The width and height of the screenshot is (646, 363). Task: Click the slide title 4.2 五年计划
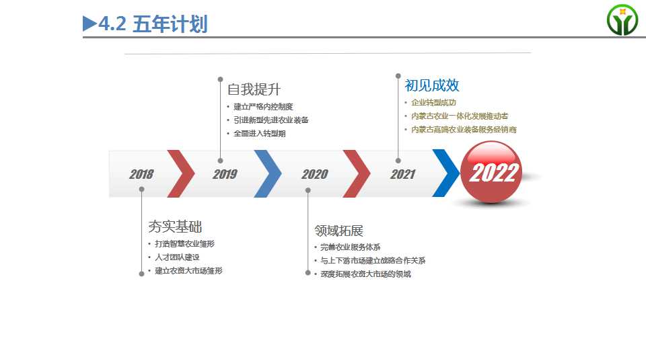pos(153,24)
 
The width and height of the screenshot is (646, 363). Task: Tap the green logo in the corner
pos(622,19)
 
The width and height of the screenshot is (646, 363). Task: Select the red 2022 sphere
pos(491,172)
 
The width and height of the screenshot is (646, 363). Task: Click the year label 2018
pos(141,174)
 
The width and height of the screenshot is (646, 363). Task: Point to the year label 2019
pos(225,174)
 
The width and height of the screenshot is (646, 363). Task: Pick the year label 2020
pos(315,174)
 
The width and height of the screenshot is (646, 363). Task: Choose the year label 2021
pos(403,174)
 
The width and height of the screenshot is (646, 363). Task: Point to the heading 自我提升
pos(254,89)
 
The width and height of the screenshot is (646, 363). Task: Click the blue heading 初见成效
pos(432,85)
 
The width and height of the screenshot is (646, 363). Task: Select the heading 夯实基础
pos(175,227)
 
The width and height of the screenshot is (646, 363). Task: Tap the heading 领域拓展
pos(338,231)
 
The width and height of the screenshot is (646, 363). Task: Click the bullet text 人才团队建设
pos(177,257)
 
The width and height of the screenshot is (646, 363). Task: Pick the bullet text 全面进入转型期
pos(260,133)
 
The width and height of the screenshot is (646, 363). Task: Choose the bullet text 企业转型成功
pos(433,102)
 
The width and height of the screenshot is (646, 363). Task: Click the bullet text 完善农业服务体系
pos(350,247)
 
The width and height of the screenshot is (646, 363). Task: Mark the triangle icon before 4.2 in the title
pos(89,24)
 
